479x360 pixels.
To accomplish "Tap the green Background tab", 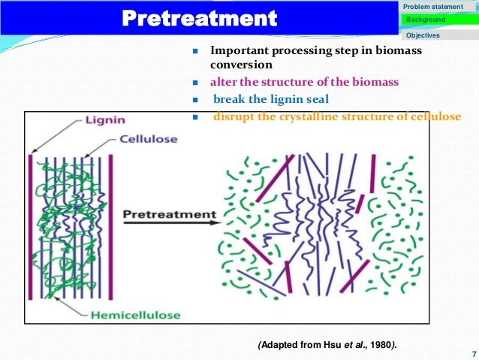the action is click(425, 20).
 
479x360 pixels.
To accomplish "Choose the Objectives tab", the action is click(423, 35).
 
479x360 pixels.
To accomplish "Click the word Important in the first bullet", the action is click(236, 51).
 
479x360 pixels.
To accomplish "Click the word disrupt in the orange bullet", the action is click(232, 116).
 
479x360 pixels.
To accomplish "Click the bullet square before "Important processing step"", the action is click(194, 52).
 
